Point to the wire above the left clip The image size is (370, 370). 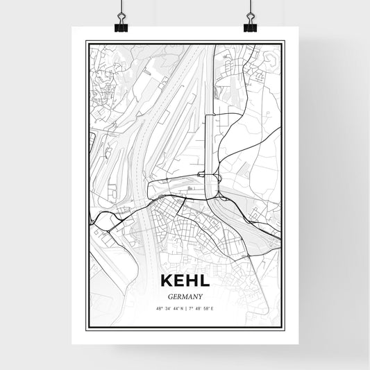121,8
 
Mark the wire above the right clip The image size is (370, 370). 249,8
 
